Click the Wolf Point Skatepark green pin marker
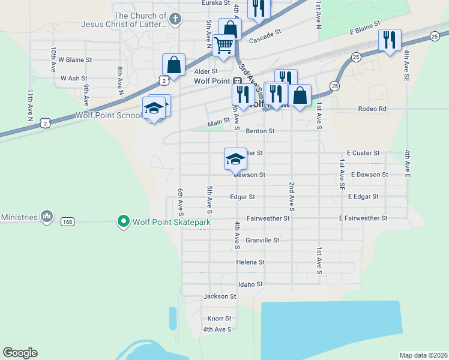[x=124, y=222]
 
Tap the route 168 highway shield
[x=67, y=222]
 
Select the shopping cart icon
[x=223, y=45]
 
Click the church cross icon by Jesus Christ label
[x=175, y=18]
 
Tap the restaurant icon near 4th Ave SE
[x=390, y=40]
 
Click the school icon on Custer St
[x=235, y=159]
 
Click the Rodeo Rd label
[x=372, y=109]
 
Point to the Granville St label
[x=262, y=240]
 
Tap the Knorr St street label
[x=219, y=319]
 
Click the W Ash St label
[x=74, y=78]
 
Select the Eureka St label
[x=215, y=3]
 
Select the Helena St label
[x=250, y=262]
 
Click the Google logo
[x=20, y=353]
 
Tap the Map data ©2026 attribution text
[x=423, y=355]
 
